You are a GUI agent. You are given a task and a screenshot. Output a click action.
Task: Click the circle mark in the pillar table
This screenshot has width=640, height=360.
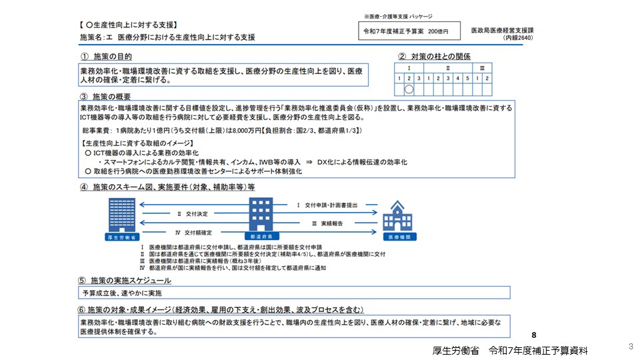click(409, 89)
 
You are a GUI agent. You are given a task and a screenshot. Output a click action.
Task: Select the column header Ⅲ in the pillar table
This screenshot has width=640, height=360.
click(482, 68)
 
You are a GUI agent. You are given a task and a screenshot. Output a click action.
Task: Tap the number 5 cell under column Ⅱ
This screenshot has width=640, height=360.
click(467, 79)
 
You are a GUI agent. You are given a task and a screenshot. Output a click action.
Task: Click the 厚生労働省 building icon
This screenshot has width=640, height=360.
click(121, 214)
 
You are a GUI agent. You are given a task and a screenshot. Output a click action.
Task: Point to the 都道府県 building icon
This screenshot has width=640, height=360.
click(262, 214)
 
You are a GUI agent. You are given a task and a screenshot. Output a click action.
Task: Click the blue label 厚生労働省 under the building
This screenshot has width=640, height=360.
click(121, 237)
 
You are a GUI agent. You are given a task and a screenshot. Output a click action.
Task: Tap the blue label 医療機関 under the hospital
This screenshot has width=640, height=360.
click(399, 237)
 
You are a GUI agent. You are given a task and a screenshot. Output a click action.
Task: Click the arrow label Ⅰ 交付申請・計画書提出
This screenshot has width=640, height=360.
click(327, 205)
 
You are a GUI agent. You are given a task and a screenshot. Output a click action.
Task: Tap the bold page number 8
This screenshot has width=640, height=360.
click(534, 335)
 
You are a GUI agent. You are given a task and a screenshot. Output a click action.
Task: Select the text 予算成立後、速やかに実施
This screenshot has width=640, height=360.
click(122, 293)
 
